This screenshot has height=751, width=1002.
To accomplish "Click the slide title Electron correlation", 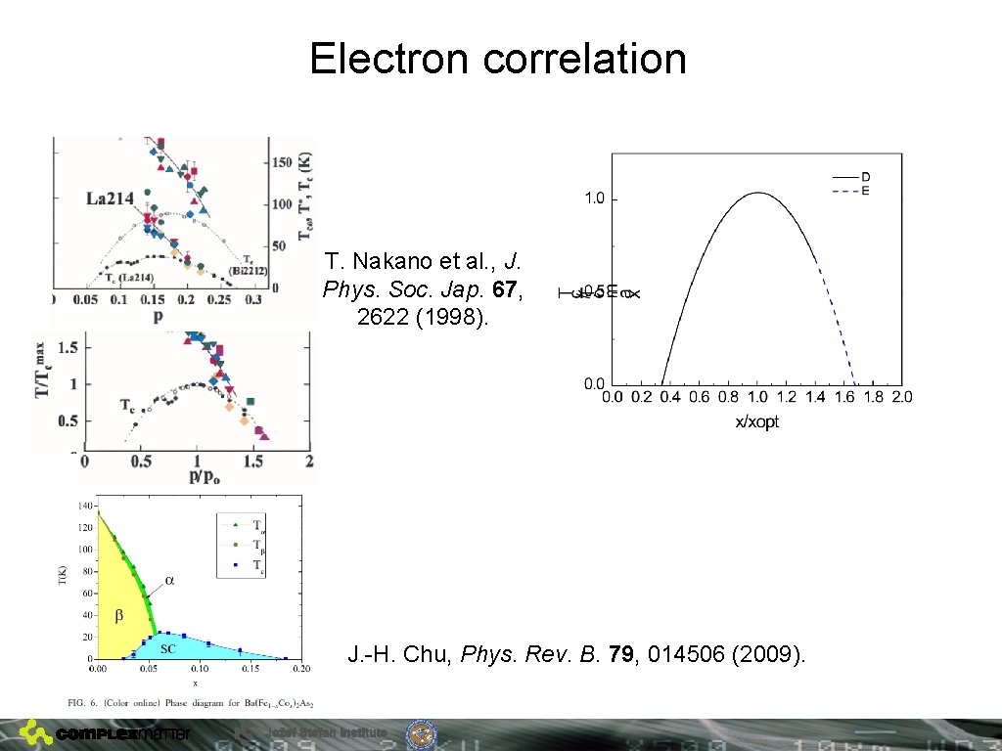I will [498, 59].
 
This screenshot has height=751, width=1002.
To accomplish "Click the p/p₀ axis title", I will [196, 475].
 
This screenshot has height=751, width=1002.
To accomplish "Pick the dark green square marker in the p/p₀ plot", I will [251, 401].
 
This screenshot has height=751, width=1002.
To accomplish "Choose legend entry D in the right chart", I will [865, 177].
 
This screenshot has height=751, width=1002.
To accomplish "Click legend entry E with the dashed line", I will [865, 191].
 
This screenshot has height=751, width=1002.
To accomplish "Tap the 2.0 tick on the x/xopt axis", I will [901, 397].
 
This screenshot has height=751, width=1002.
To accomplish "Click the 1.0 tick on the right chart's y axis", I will [594, 199].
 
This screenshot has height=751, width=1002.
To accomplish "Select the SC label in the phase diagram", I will [167, 648].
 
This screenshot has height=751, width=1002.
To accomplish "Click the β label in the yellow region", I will [118, 616].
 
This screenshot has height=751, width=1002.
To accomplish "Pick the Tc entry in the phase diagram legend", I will [257, 565].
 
